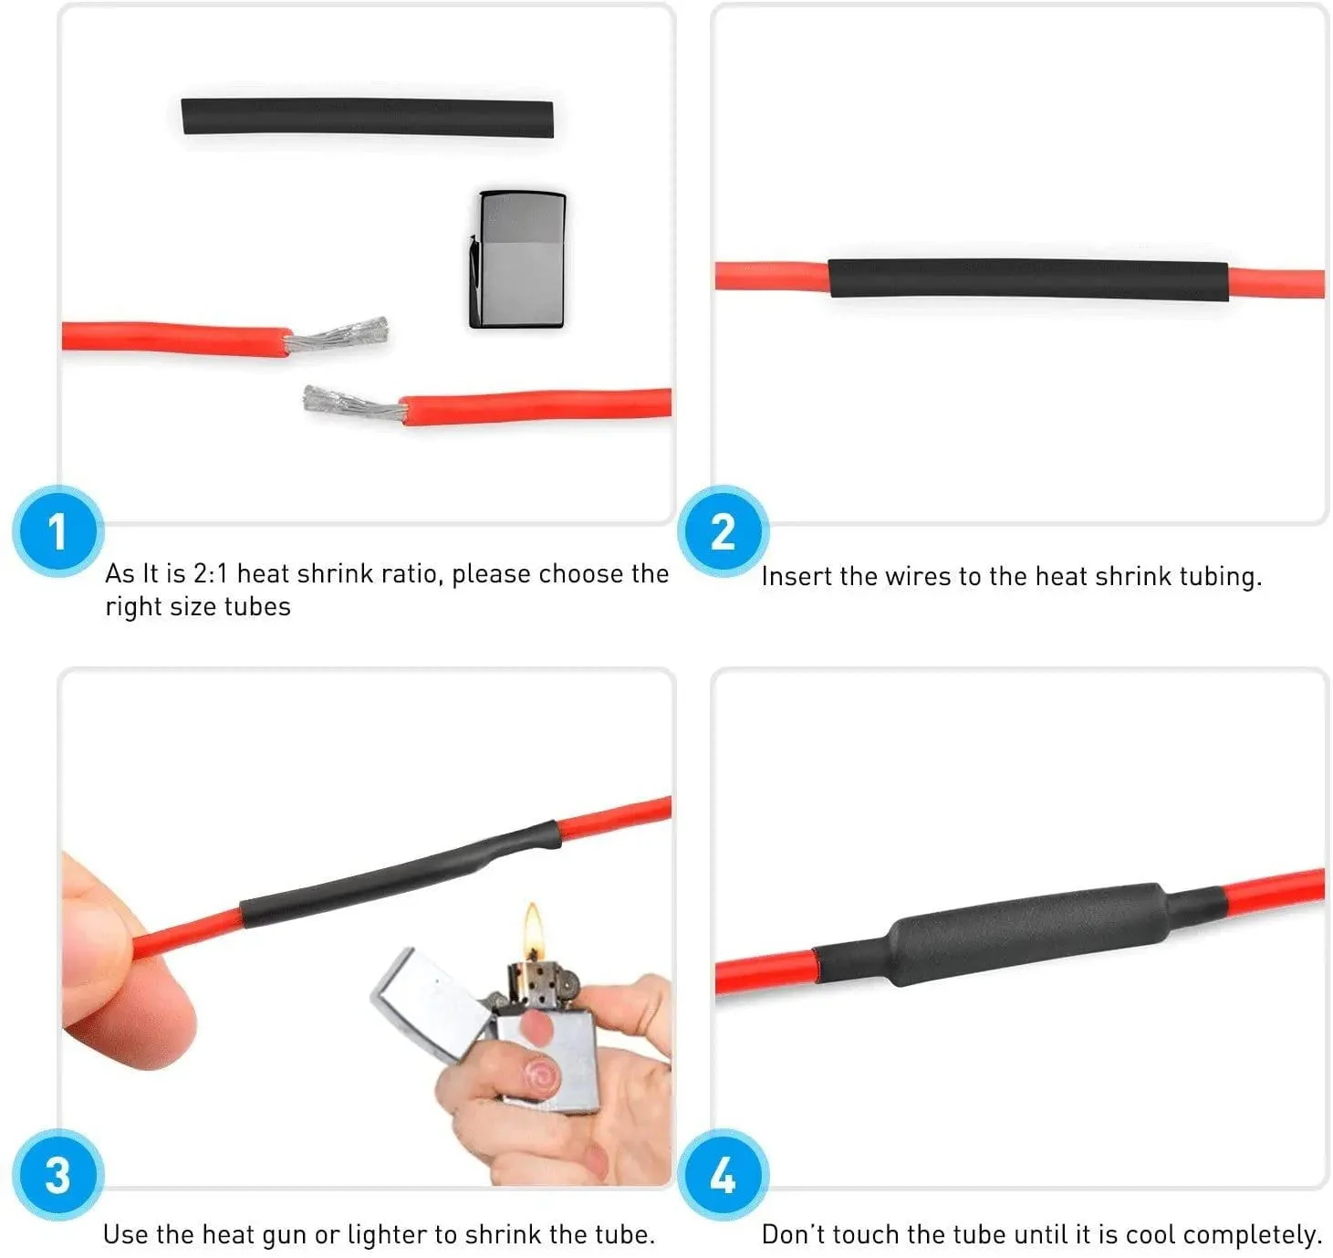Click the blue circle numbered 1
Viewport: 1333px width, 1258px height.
57,531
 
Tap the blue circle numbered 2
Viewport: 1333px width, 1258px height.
723,531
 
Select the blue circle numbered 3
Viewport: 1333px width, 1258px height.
57,1175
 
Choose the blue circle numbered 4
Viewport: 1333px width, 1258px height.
723,1175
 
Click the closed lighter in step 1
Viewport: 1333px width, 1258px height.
518,260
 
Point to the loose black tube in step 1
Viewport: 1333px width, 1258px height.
368,118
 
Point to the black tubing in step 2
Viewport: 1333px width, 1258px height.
1027,279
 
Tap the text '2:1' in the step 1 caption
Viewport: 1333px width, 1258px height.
211,573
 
